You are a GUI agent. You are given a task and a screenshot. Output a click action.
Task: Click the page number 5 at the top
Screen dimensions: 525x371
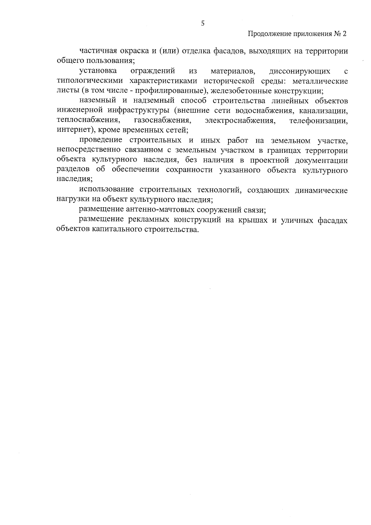click(203, 23)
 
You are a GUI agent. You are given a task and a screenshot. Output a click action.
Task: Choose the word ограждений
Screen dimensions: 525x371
click(153, 71)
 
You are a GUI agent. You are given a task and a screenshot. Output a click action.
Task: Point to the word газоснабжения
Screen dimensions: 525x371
click(162, 120)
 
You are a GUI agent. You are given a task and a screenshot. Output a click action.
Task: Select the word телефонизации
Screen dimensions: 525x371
click(318, 120)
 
